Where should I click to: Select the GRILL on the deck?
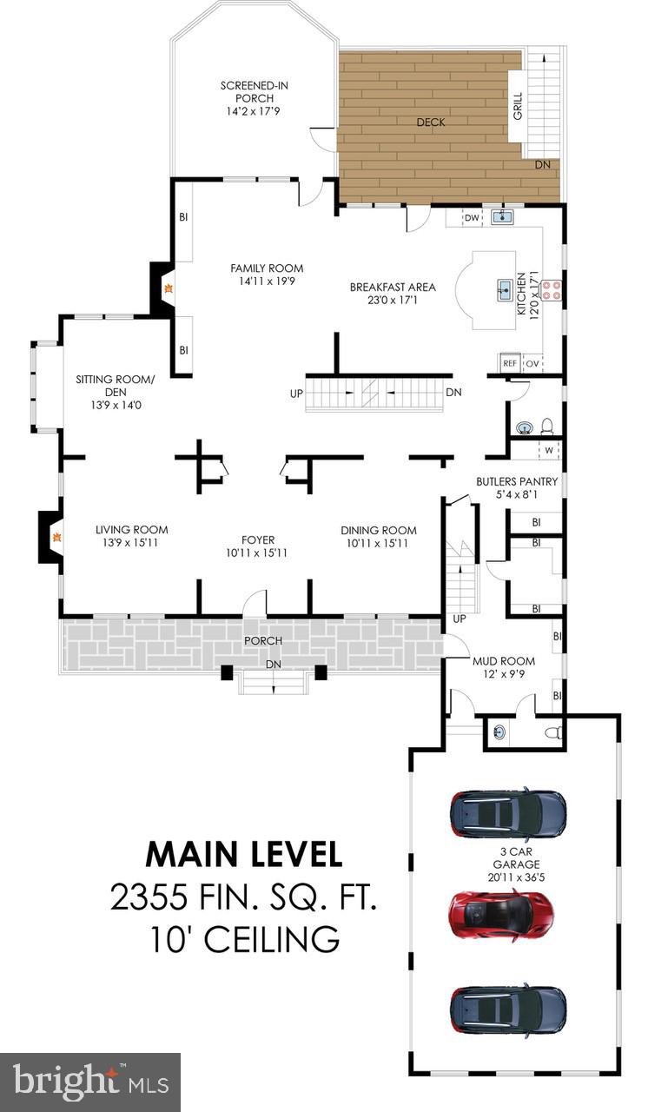point(518,105)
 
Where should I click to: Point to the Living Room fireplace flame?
point(57,538)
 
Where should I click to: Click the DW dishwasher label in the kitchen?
point(472,217)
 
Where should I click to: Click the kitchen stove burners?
point(552,289)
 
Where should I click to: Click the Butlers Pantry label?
point(517,481)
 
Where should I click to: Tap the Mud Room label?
point(497,660)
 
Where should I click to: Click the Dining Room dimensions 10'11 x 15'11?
point(379,543)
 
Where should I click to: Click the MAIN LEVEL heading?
point(244,853)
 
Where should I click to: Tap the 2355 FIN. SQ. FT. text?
point(244,897)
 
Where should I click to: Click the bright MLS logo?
point(89,1082)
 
